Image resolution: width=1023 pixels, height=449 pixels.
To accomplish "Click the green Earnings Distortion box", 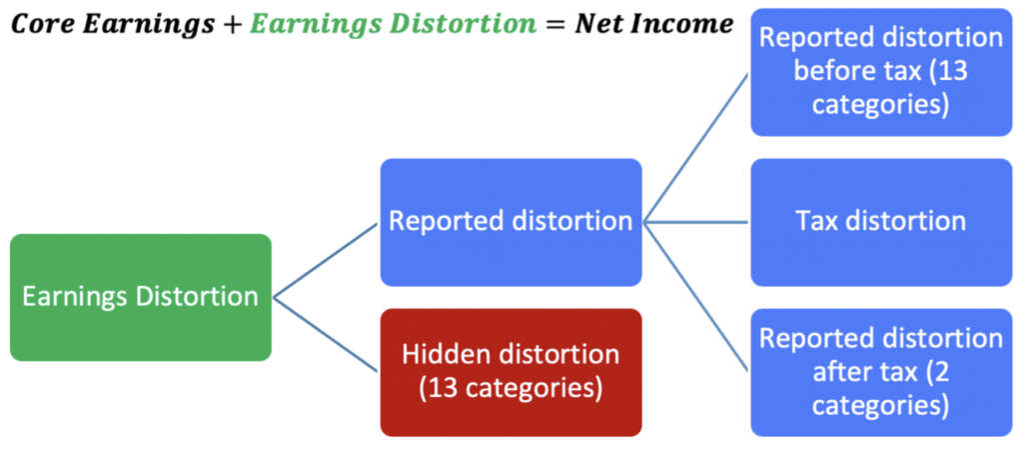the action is point(141,298).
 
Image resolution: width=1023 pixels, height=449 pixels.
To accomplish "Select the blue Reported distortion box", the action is point(511,222).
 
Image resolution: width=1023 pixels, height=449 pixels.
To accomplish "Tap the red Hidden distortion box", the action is point(511,372).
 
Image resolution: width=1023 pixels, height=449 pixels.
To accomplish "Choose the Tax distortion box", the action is point(881,222).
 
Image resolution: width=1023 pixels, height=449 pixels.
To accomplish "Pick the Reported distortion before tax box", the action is point(881,72).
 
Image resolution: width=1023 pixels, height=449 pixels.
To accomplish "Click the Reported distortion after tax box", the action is point(881,372).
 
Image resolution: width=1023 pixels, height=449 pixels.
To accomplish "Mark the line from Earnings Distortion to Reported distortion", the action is point(326,260).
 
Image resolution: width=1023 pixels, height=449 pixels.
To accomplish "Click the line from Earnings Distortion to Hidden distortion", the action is point(326,335).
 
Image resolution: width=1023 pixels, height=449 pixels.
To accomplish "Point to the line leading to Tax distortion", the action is point(696,222).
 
